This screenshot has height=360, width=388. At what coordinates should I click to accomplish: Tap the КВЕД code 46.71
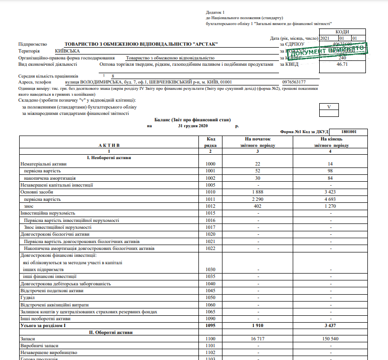click(342, 64)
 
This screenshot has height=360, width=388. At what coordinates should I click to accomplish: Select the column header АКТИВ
click(109, 145)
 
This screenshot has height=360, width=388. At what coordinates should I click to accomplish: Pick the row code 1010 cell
click(210, 192)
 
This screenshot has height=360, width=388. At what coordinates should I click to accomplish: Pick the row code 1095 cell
click(210, 325)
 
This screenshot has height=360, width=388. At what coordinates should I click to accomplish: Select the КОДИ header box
click(342, 32)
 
